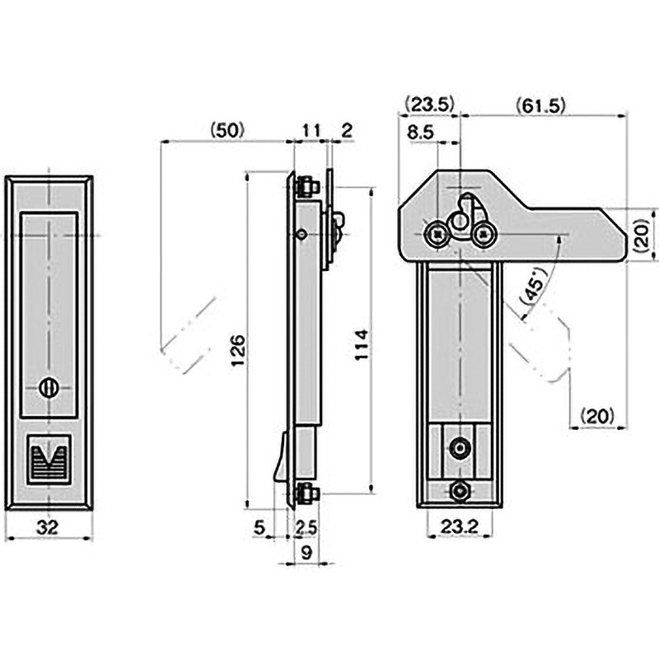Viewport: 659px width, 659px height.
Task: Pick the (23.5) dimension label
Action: point(430,105)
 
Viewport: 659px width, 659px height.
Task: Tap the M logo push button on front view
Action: point(49,458)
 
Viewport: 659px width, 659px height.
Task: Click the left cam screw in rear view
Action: point(436,235)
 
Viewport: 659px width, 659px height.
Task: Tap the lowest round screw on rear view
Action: point(459,492)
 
